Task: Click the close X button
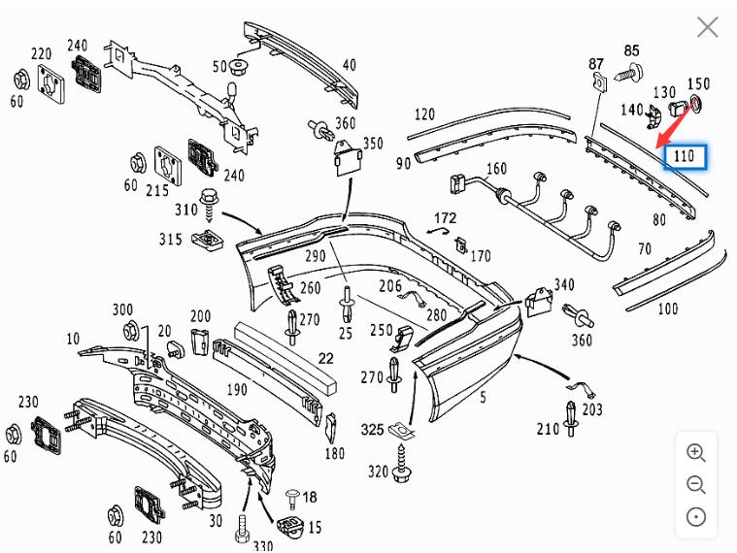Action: coord(707,27)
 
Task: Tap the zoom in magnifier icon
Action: coord(695,452)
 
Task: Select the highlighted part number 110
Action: coord(684,156)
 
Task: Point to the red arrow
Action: coord(677,124)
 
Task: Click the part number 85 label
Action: coord(632,50)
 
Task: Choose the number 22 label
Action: coord(325,358)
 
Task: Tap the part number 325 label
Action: coord(372,429)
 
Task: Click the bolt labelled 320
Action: coord(404,472)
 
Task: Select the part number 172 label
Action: coord(445,217)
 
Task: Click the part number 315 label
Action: coord(170,240)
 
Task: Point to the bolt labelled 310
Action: coord(211,205)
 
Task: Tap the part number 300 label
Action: coord(122,309)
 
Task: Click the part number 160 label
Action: coord(496,169)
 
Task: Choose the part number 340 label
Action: coord(563,285)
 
